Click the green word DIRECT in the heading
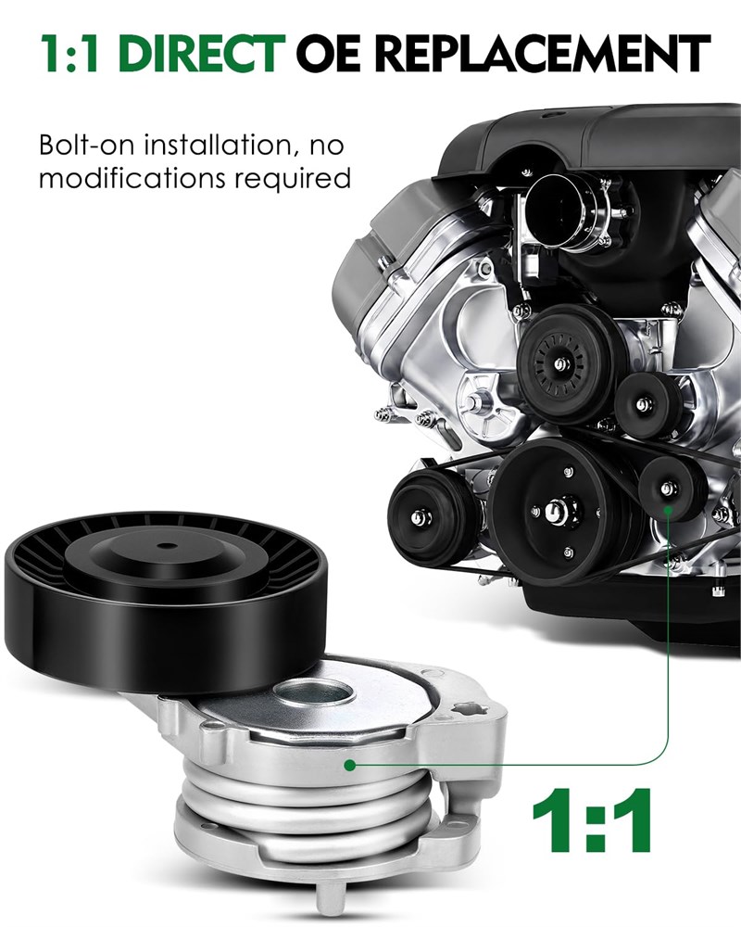point(202,53)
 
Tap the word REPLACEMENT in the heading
point(543,53)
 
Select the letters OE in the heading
point(328,53)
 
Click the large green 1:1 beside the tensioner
point(592,820)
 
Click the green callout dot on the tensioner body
point(350,765)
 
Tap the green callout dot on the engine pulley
point(669,508)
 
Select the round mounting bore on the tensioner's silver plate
point(314,692)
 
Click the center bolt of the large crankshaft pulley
point(557,512)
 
